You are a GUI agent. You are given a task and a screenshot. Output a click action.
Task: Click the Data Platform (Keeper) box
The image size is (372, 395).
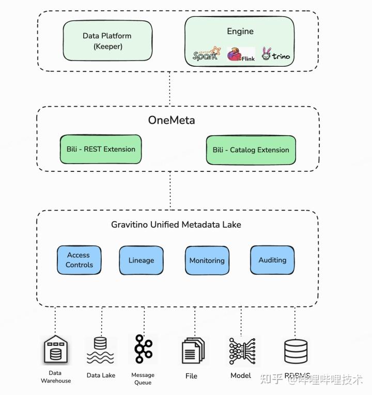tap(107, 41)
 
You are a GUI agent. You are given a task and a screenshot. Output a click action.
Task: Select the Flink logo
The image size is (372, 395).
tap(241, 55)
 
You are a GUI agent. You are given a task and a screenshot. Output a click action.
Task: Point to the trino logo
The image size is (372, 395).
tap(275, 54)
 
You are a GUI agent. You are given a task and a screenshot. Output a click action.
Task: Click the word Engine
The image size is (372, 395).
tap(240, 31)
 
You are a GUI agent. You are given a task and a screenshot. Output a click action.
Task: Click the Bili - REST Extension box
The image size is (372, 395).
tap(101, 149)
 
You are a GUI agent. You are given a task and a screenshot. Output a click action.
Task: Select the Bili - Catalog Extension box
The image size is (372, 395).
tap(251, 150)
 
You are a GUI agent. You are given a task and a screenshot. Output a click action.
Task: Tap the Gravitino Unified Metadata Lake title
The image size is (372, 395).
tap(176, 225)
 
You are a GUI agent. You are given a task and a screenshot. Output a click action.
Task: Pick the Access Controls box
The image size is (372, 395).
tap(79, 260)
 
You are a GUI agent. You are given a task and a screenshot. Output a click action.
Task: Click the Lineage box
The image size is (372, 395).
tap(141, 260)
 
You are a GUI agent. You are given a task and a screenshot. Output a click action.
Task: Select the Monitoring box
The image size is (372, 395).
tap(207, 260)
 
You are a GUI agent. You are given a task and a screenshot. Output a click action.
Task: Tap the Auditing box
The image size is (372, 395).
tap(272, 260)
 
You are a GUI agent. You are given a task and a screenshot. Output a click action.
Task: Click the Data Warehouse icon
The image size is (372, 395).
tap(55, 350)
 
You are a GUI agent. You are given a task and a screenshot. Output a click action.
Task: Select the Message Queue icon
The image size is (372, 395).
tap(143, 349)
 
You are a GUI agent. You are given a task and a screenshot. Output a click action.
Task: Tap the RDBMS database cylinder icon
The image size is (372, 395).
tap(296, 351)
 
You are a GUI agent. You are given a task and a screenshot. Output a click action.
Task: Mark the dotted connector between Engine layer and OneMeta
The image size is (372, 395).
tap(169, 89)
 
